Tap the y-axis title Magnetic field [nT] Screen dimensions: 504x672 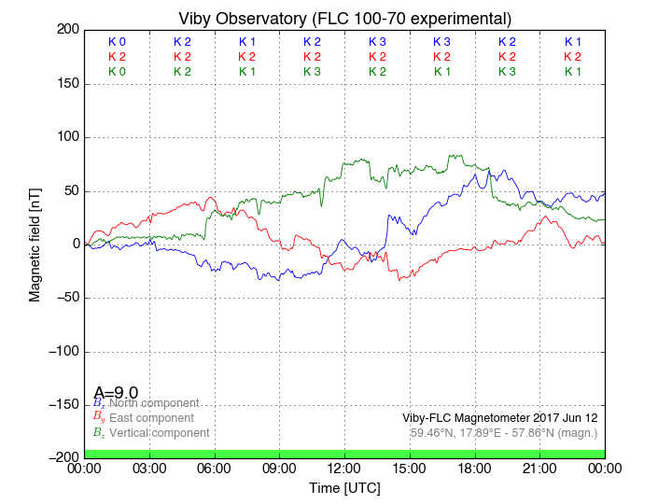click(x=35, y=243)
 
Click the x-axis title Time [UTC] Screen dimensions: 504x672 click(x=344, y=488)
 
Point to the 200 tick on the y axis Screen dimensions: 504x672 click(x=66, y=30)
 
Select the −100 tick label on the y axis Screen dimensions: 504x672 click(x=61, y=352)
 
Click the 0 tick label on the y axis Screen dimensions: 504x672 click(x=73, y=245)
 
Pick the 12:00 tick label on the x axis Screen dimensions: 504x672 click(x=344, y=468)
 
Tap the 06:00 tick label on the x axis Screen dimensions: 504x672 click(x=215, y=468)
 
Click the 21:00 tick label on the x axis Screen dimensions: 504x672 click(x=540, y=468)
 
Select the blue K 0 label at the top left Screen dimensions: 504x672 click(x=117, y=42)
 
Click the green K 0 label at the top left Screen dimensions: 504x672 click(x=117, y=72)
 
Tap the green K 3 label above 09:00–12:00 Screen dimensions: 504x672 click(x=312, y=72)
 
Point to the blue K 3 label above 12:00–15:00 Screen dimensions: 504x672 click(x=377, y=42)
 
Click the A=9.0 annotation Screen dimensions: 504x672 click(x=116, y=392)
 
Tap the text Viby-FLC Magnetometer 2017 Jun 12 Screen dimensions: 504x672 click(x=499, y=418)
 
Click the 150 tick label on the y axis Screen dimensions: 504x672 click(x=66, y=84)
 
